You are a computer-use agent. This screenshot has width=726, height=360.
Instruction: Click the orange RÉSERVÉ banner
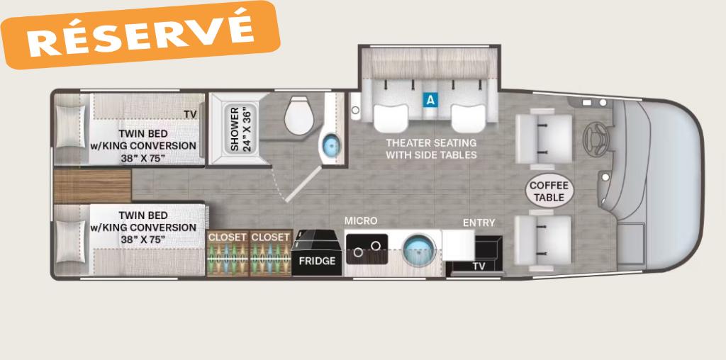[x=140, y=35]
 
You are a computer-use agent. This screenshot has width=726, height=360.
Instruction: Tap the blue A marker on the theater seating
[x=430, y=99]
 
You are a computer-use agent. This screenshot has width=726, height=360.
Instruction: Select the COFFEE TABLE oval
[x=549, y=191]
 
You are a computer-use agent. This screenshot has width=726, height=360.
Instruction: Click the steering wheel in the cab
[x=596, y=137]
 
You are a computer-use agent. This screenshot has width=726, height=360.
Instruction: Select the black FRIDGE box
[x=317, y=253]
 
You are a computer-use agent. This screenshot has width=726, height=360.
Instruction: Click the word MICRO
[x=361, y=221]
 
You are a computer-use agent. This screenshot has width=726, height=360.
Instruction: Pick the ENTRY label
[x=479, y=223]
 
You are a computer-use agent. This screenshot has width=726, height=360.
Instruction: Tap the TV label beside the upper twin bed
[x=190, y=114]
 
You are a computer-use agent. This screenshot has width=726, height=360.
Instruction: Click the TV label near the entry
[x=479, y=266]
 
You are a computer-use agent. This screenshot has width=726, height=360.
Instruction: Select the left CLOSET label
[x=227, y=237]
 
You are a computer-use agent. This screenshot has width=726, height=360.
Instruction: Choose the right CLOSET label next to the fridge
[x=270, y=237]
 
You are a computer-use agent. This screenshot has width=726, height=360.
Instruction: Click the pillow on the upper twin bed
[x=70, y=127]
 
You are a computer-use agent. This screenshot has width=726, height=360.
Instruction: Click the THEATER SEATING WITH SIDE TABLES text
[x=431, y=149]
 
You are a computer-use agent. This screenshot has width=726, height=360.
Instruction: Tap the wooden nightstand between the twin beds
[x=92, y=186]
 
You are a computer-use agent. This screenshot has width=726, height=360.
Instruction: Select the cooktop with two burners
[x=367, y=249]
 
